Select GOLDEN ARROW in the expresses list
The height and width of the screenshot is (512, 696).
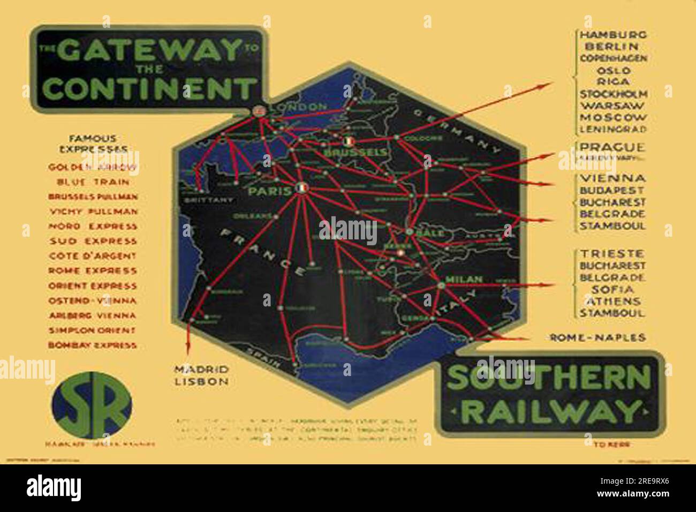coord(93,167)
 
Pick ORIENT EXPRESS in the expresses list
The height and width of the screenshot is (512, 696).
coord(93,286)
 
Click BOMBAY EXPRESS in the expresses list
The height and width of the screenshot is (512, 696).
coord(93,345)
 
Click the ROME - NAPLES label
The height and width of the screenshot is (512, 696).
coord(597,337)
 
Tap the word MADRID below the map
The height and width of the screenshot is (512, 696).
coord(201,370)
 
